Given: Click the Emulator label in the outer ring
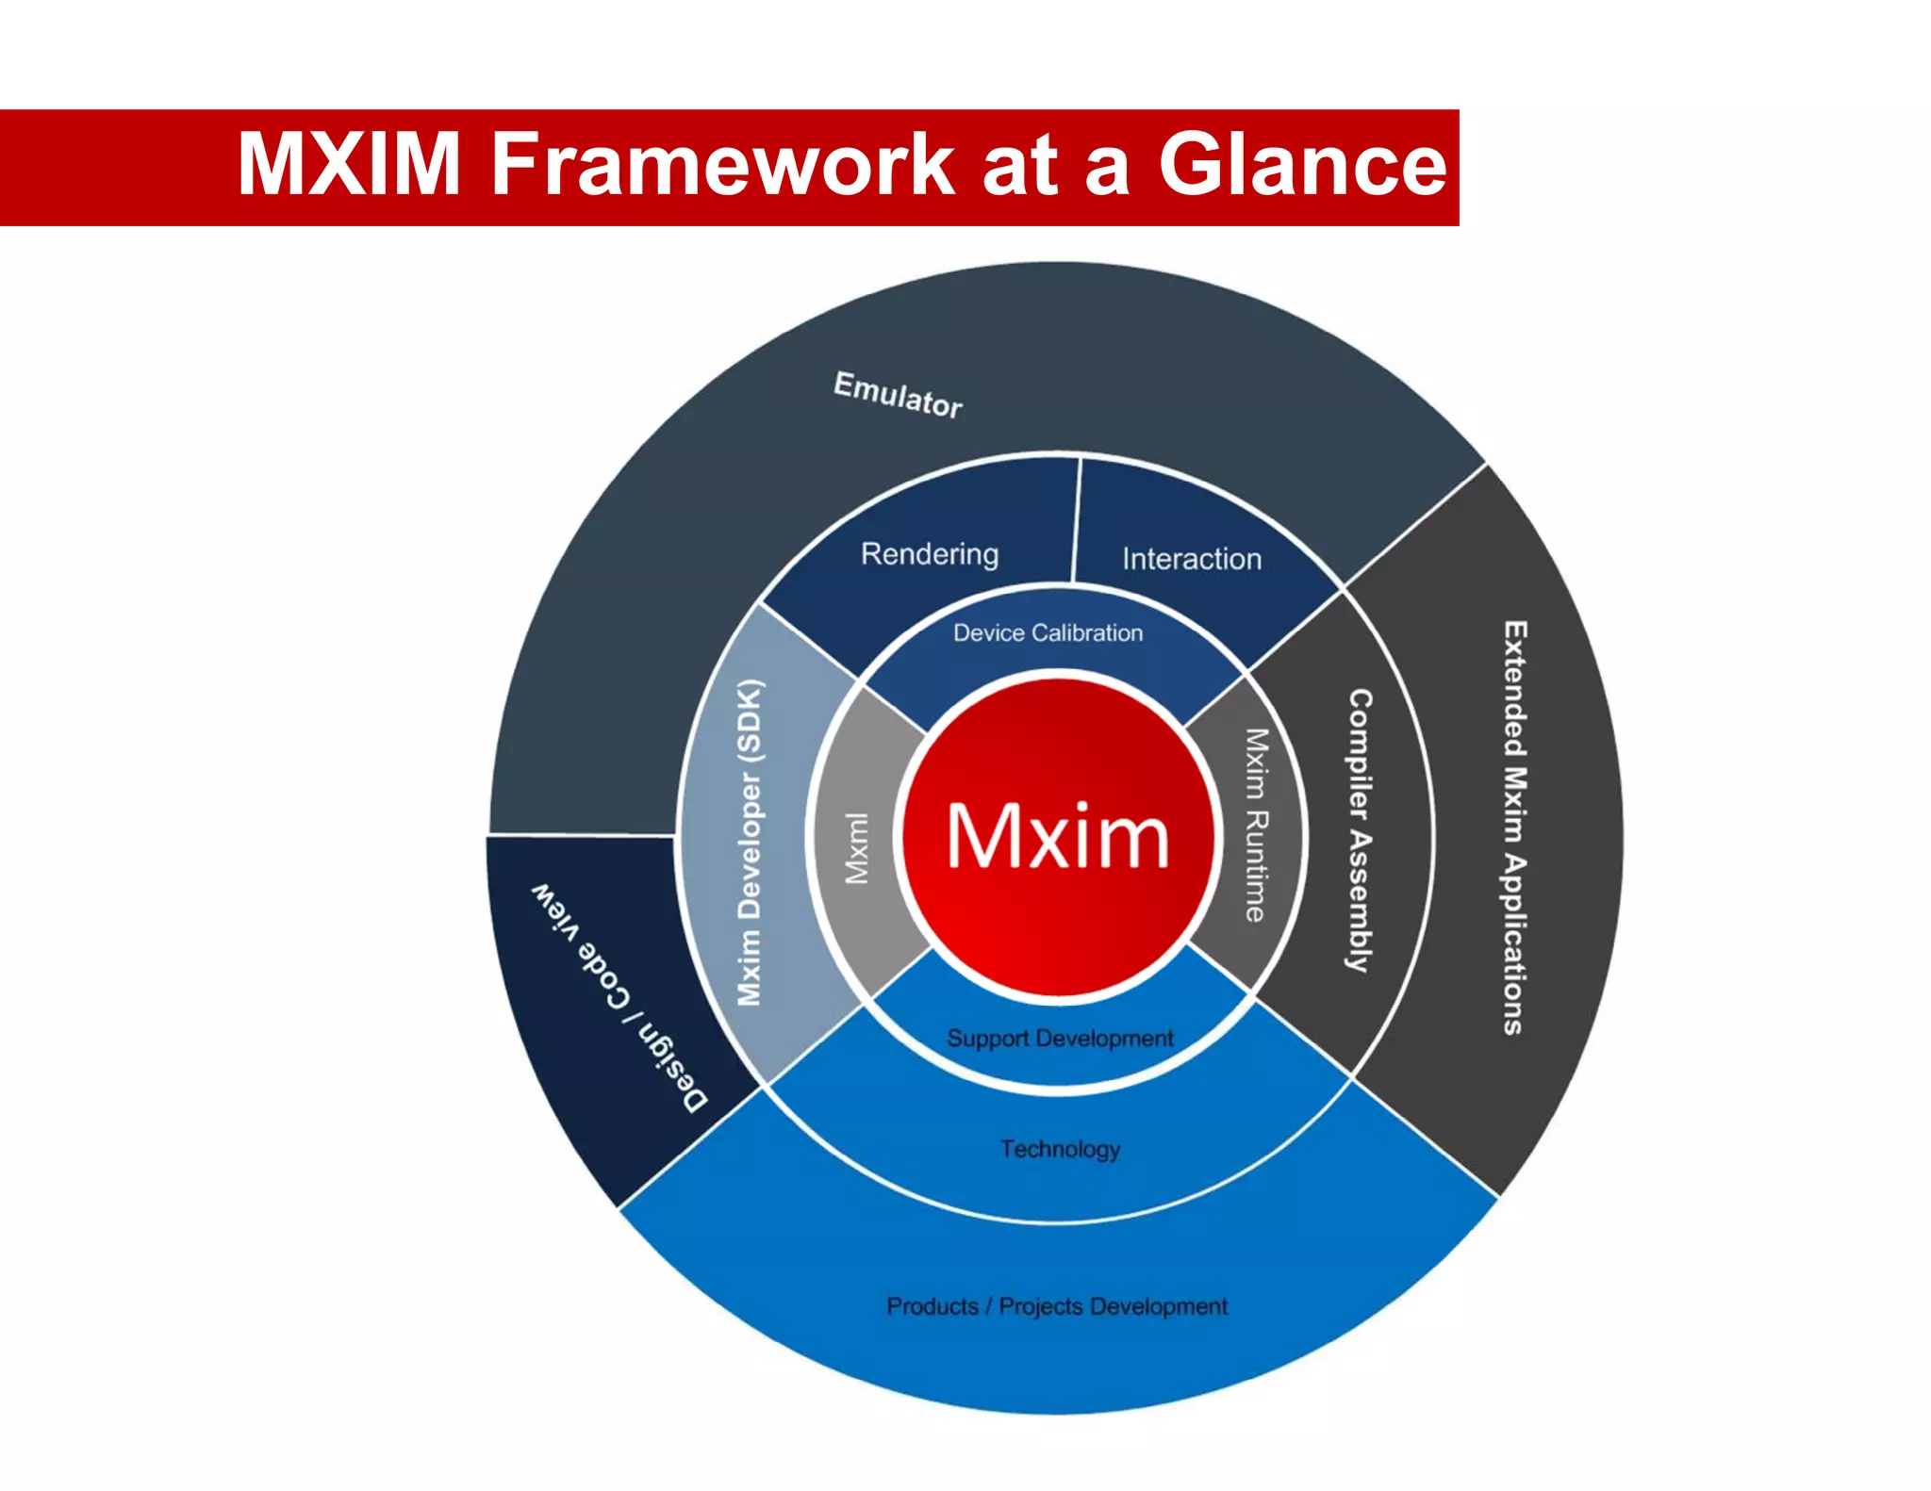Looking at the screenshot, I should pyautogui.click(x=898, y=395).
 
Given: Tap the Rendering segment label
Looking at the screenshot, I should pyautogui.click(x=930, y=554).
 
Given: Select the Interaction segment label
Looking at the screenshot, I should pyautogui.click(x=1191, y=559).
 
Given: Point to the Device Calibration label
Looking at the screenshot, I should pyautogui.click(x=1048, y=632).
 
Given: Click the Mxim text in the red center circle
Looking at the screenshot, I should pyautogui.click(x=1057, y=837).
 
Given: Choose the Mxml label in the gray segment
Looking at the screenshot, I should pyautogui.click(x=856, y=847).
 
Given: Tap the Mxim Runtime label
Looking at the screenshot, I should pyautogui.click(x=1256, y=825).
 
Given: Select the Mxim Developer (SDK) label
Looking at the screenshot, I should pyautogui.click(x=750, y=843).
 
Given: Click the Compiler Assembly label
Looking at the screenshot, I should pyautogui.click(x=1359, y=830).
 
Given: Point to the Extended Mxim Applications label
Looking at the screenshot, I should pyautogui.click(x=1514, y=827).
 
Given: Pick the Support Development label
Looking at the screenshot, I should pyautogui.click(x=1060, y=1038).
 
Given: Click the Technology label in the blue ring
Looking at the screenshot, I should pyautogui.click(x=1060, y=1149).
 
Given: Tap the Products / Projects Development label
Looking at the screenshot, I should pyautogui.click(x=1057, y=1306).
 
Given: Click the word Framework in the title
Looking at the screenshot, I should pyautogui.click(x=723, y=165).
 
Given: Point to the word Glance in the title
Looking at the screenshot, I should pyautogui.click(x=1302, y=165).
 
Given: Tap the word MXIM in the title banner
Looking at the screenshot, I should pyautogui.click(x=349, y=165).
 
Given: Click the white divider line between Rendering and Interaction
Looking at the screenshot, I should pyautogui.click(x=1076, y=520).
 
